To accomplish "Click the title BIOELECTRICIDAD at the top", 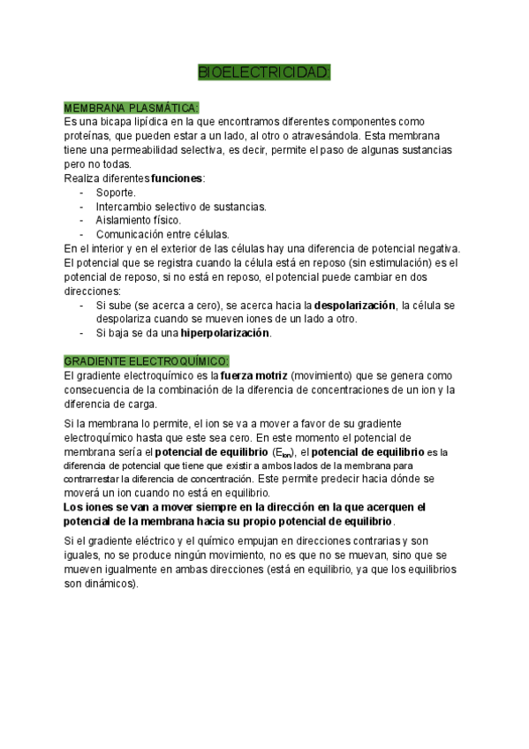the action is click(264, 72).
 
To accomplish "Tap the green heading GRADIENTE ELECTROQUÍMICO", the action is click(147, 361).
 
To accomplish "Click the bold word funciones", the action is click(177, 178).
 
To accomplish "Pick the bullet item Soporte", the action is click(116, 192).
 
